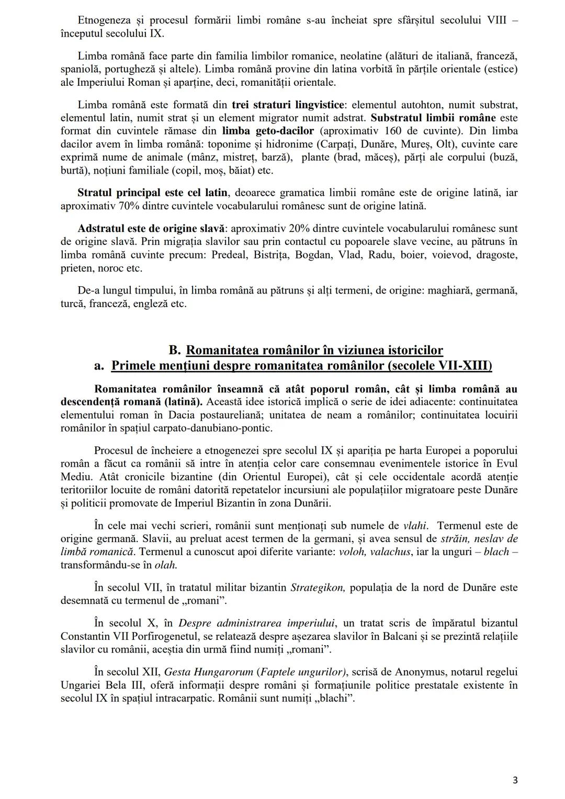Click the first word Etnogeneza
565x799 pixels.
click(102, 20)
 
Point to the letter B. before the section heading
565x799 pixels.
click(174, 350)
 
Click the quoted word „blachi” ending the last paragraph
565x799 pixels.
click(335, 698)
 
